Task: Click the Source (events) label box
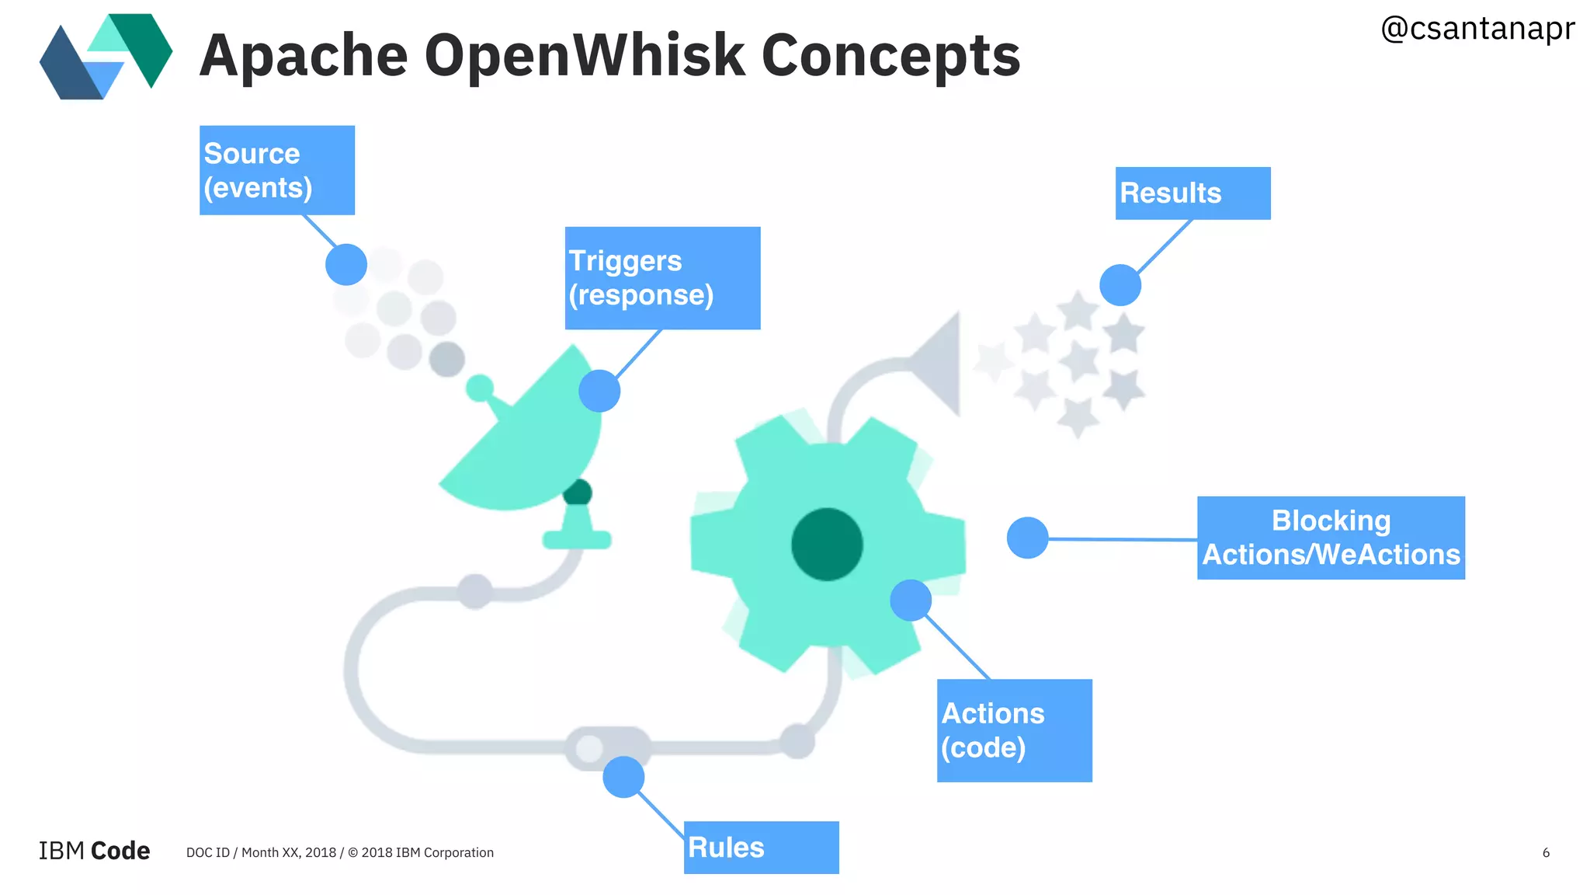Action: [276, 170]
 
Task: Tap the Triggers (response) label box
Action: [661, 278]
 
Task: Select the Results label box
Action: [1192, 193]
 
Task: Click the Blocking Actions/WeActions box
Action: [1330, 538]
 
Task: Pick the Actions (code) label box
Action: [1013, 730]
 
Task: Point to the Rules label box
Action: [760, 847]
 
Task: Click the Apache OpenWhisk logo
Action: [106, 56]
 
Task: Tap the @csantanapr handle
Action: [1477, 29]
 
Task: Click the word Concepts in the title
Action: [890, 56]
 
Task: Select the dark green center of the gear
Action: [827, 544]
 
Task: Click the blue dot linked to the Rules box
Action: [623, 777]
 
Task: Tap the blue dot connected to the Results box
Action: [1120, 285]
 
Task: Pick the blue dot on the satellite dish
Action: [599, 391]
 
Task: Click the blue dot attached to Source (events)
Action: [346, 265]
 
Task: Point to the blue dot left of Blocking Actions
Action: [1027, 538]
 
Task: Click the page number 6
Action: [1545, 853]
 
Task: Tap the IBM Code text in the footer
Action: [94, 851]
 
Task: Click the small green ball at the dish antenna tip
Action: [479, 387]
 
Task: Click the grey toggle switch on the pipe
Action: [608, 747]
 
